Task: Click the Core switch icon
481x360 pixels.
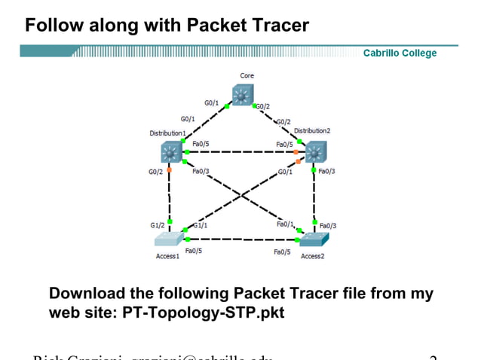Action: coord(243,95)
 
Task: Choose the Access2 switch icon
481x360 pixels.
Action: coord(314,240)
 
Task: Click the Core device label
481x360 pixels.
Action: coord(247,76)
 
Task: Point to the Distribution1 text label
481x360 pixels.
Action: coord(167,133)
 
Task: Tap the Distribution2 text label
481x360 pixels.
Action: coord(311,131)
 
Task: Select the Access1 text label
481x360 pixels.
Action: coord(167,257)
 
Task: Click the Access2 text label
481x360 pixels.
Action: coord(312,257)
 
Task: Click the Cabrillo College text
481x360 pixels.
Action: coord(400,53)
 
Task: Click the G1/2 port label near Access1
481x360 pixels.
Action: coord(158,225)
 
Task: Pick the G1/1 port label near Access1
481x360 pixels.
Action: coord(201,225)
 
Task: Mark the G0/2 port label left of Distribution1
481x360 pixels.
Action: coord(155,172)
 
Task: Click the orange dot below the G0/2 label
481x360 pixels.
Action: coord(169,170)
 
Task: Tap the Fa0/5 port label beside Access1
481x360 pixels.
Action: coord(193,251)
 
